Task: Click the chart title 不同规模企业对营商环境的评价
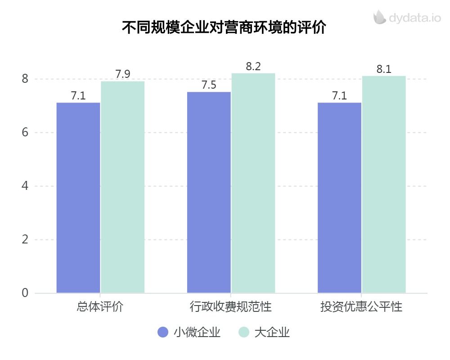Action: pos(224,27)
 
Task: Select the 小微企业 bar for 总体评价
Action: pos(78,198)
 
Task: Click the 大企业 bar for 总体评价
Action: pos(122,187)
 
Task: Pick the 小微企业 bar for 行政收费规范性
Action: pos(209,192)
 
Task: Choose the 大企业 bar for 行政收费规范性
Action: pos(253,183)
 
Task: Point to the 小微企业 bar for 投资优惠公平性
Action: pos(339,198)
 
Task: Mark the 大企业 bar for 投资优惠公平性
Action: pos(384,184)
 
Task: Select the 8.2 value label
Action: pos(253,67)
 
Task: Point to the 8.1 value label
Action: pos(384,69)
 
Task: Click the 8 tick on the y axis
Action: pos(25,79)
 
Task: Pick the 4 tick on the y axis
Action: pos(25,186)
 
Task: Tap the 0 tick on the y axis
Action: pos(25,293)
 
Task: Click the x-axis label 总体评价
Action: pos(100,308)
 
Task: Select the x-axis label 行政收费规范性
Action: pos(230,308)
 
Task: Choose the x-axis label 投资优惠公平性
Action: pos(361,308)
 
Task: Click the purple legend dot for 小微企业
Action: pos(163,333)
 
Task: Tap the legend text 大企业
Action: pos(272,333)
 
